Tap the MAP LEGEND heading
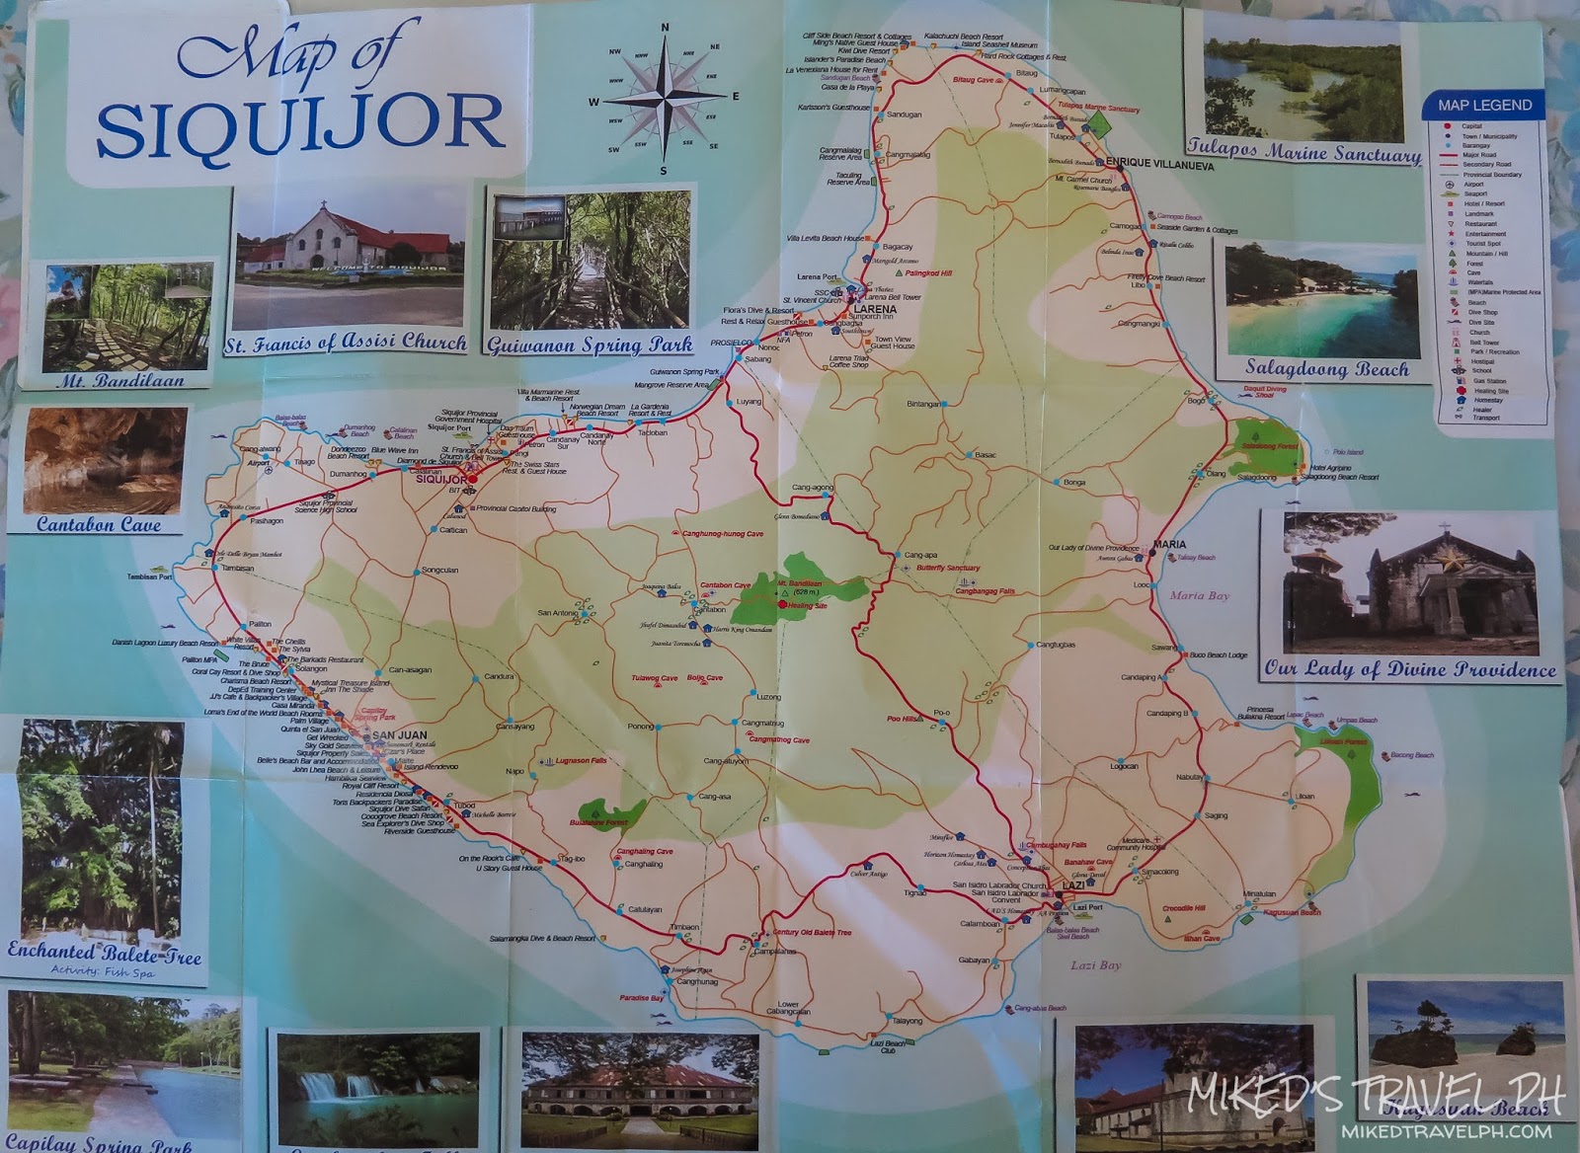coord(1484,106)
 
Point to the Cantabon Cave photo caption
coord(99,525)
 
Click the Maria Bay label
coord(1198,596)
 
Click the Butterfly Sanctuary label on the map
coord(948,569)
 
